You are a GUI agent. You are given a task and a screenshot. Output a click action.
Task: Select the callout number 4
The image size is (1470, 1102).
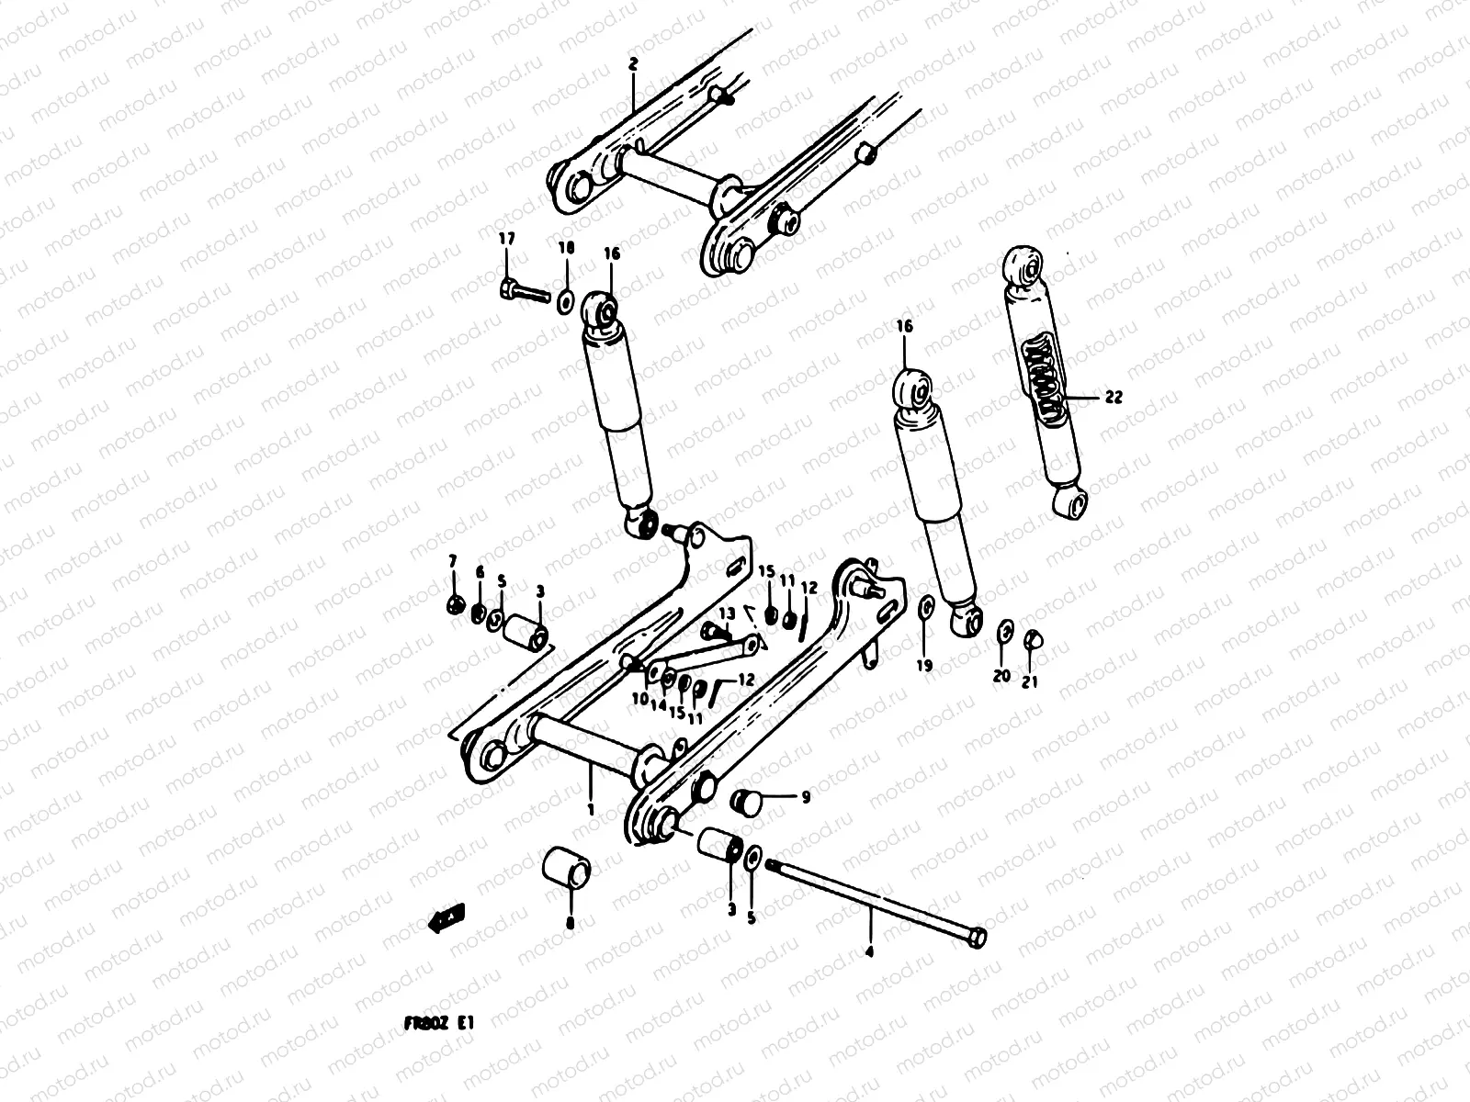869,952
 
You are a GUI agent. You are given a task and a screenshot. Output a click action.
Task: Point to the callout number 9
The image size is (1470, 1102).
805,797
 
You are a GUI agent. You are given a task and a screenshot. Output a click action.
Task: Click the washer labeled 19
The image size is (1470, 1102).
927,606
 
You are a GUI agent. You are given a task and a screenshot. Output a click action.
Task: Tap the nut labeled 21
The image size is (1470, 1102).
1032,638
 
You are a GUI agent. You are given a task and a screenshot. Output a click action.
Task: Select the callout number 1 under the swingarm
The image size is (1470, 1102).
591,809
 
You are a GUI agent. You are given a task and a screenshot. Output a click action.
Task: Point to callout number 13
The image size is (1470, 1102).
727,613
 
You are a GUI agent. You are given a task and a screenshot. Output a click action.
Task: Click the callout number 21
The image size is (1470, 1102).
1030,681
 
